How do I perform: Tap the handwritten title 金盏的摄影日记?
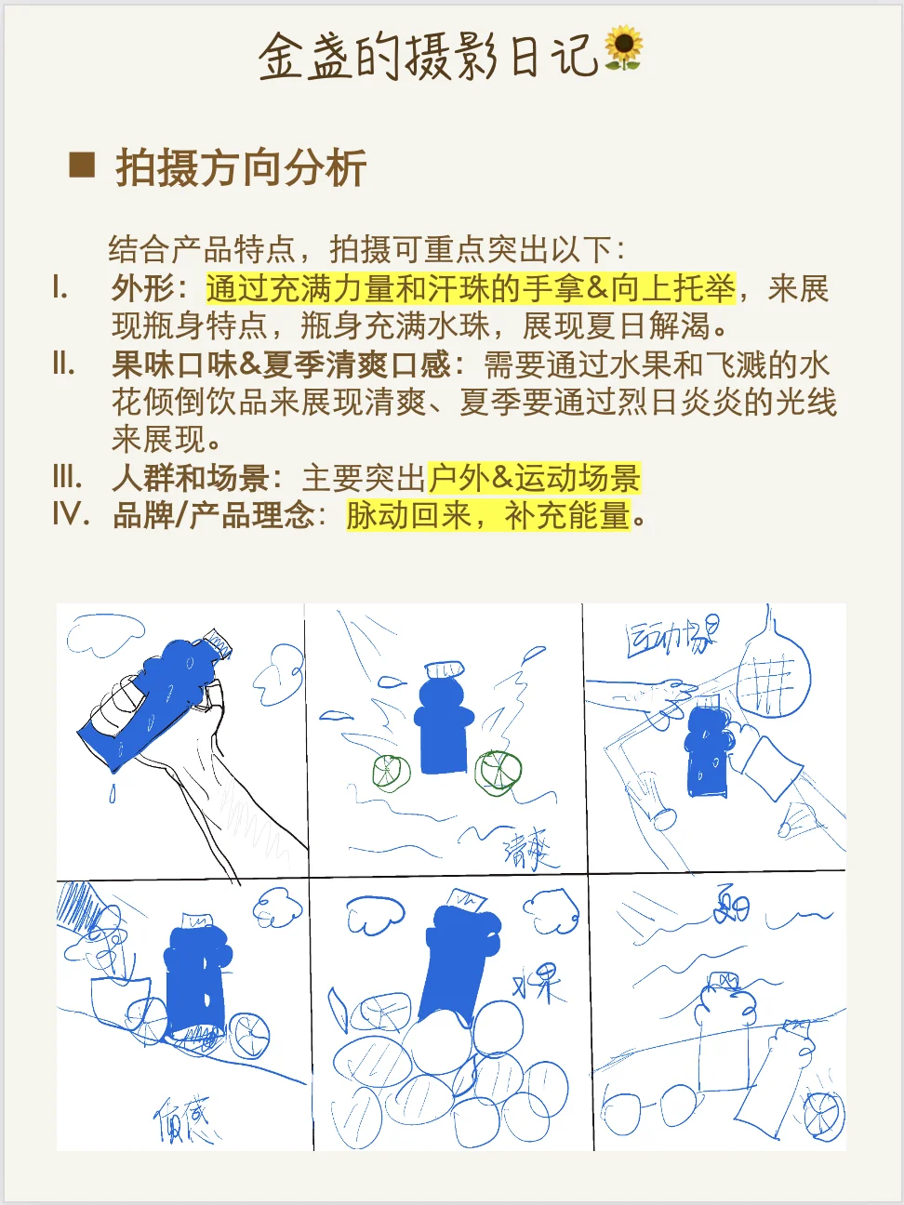(428, 56)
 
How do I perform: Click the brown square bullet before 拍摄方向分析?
(82, 165)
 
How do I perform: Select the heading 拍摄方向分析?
(241, 168)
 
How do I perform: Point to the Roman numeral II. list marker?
(63, 364)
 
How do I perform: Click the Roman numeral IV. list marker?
(71, 514)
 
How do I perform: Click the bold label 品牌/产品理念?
(214, 515)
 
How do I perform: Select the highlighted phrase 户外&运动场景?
(534, 478)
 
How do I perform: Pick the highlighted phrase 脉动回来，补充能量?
(488, 515)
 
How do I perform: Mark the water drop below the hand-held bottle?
(113, 793)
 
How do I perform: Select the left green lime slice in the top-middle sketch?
(391, 772)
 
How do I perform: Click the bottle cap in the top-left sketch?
(219, 642)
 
